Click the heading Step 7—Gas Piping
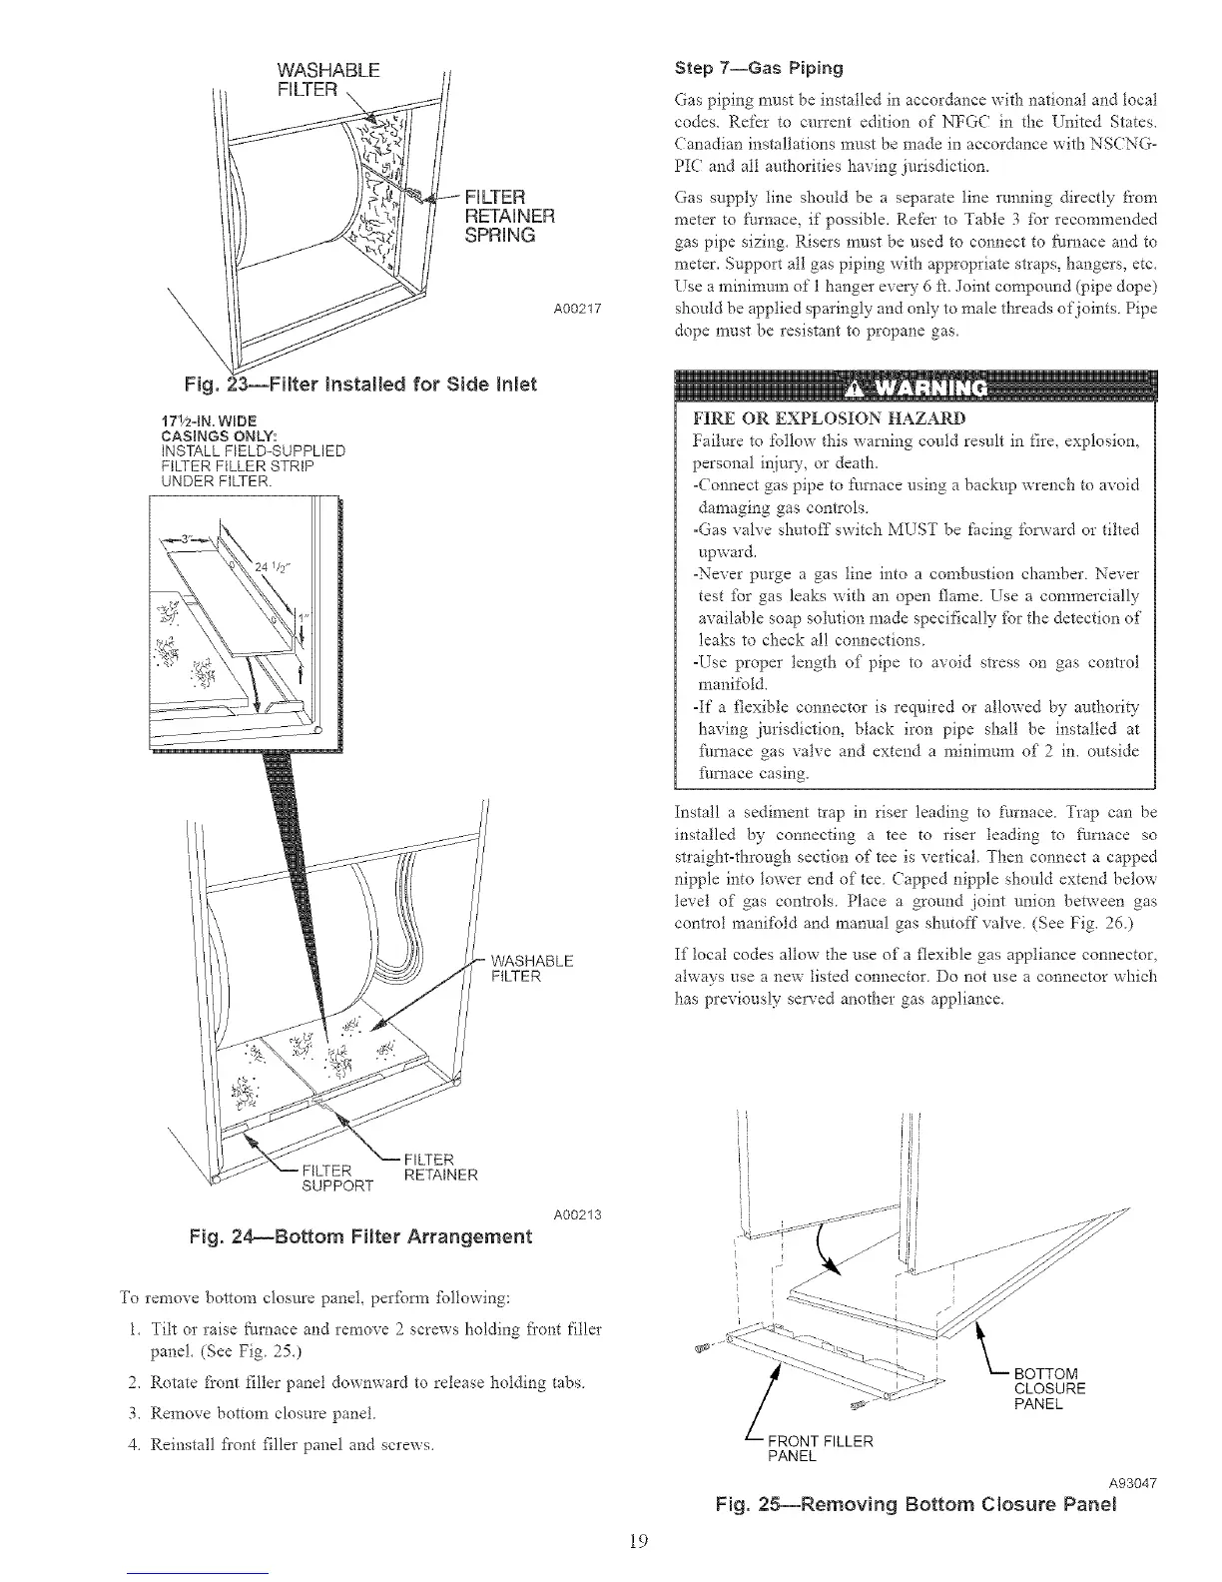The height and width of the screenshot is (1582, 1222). click(759, 69)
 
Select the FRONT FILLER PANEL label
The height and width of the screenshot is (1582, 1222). click(819, 1448)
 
